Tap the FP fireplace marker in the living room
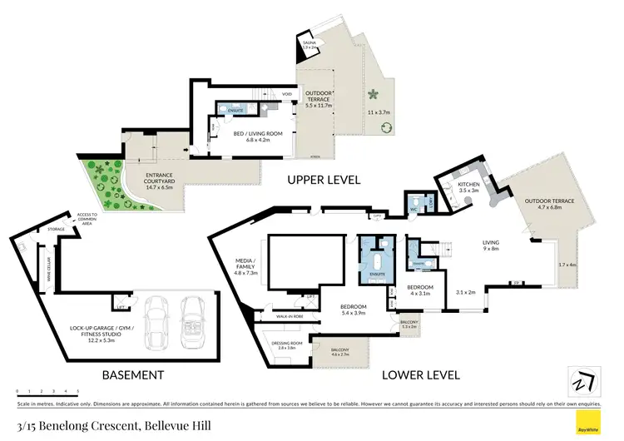point(517,284)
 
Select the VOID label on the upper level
point(287,94)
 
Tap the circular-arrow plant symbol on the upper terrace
point(387,127)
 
